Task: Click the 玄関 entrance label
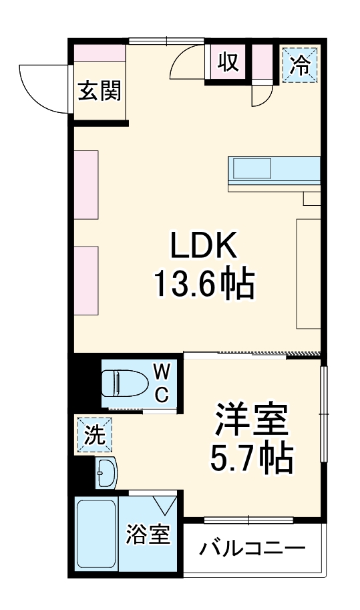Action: coord(100,92)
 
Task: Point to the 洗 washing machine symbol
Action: coord(94,436)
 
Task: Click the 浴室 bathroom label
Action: coord(148,535)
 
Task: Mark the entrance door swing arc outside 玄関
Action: coord(43,87)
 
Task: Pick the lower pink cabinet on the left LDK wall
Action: coord(86,281)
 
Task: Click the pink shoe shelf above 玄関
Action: coord(100,53)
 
